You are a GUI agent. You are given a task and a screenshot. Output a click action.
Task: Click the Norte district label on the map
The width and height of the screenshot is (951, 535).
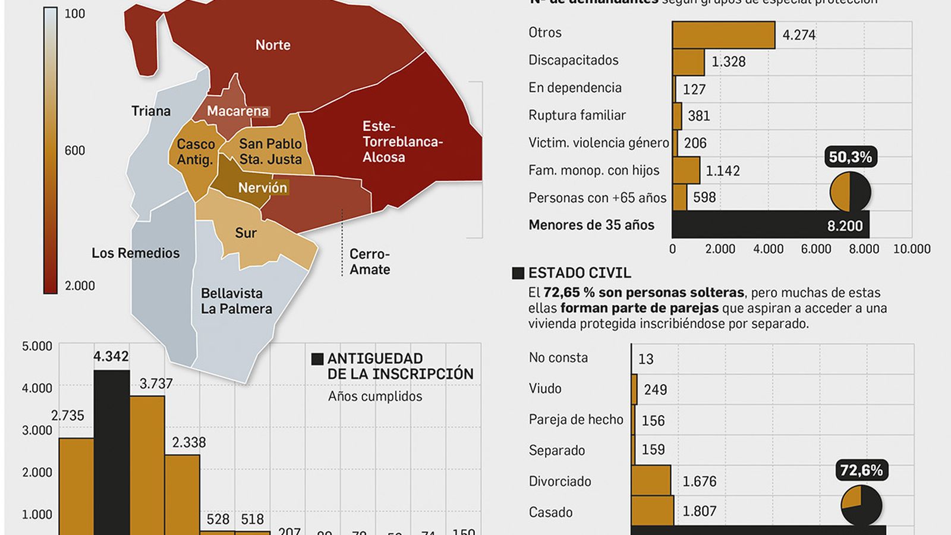(x=273, y=45)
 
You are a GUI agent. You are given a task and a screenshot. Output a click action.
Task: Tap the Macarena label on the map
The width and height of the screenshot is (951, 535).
(x=238, y=111)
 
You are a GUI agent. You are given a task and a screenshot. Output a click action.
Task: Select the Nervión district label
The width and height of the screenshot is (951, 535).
(x=263, y=188)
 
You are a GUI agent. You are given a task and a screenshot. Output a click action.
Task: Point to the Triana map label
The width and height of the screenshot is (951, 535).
(x=151, y=111)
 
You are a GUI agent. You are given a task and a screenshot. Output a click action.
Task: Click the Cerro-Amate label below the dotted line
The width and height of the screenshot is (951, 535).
(x=370, y=262)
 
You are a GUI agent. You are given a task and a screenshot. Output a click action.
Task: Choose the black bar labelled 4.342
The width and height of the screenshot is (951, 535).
(x=112, y=452)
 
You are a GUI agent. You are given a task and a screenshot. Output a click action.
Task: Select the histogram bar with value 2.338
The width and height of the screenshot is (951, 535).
(x=182, y=493)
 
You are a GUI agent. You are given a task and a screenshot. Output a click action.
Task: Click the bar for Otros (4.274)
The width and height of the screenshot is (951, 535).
(x=723, y=35)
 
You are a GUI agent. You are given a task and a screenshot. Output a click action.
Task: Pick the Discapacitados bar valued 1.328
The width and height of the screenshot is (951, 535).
(x=688, y=62)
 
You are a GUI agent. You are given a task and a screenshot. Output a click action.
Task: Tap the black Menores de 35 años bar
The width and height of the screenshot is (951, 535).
(x=770, y=225)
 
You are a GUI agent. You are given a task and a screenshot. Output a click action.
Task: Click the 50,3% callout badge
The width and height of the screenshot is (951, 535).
(x=851, y=158)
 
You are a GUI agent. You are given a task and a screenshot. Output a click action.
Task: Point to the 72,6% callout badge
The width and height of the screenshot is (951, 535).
(x=861, y=471)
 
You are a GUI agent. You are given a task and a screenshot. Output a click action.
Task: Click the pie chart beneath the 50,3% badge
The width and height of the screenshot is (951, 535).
(x=851, y=191)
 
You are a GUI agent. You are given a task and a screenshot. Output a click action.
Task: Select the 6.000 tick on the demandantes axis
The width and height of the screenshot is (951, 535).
(x=815, y=249)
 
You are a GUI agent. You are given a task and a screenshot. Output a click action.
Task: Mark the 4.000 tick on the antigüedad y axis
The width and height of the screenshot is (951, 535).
(x=37, y=388)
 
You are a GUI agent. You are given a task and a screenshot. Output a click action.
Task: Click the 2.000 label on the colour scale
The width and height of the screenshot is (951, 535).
(x=80, y=286)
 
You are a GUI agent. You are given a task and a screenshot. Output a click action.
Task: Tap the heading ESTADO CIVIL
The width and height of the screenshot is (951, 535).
(x=580, y=273)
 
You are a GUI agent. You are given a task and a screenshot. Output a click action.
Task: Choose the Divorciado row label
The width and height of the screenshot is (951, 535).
(x=560, y=481)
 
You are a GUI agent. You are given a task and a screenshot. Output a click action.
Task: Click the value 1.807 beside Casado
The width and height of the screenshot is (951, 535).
(x=700, y=511)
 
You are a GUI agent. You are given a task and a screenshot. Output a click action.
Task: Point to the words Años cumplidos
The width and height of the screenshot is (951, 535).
(x=375, y=396)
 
